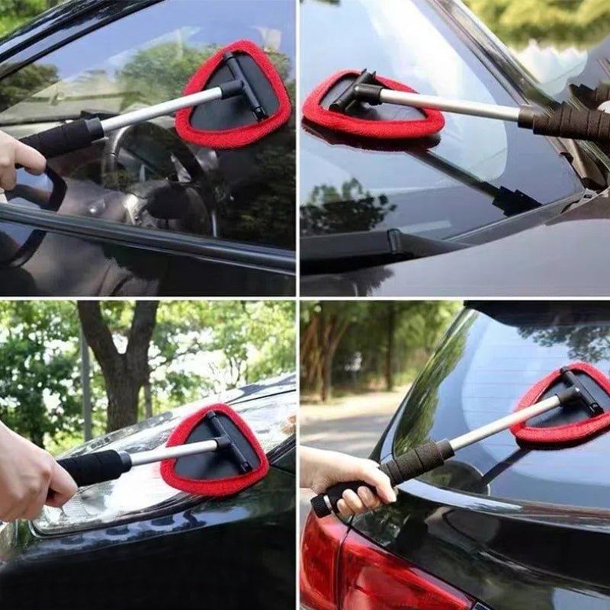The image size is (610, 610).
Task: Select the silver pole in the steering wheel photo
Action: (x=160, y=111)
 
